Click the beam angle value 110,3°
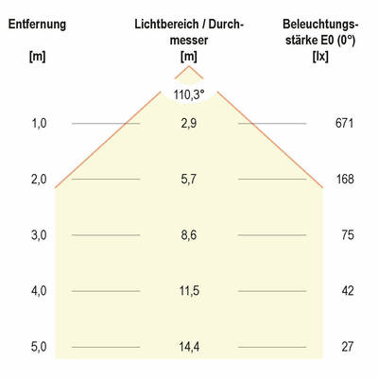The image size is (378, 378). (189, 94)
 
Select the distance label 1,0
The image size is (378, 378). (39, 124)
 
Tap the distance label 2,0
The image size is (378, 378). (39, 180)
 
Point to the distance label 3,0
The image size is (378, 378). (39, 235)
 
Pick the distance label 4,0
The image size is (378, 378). (39, 291)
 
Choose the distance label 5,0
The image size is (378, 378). (39, 347)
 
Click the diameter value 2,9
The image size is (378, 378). (189, 124)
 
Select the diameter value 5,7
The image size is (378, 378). (189, 180)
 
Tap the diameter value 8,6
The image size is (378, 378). (189, 235)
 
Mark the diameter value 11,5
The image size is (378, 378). (189, 291)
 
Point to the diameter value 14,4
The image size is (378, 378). (189, 347)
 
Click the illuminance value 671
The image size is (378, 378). (344, 124)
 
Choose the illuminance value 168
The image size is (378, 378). (344, 180)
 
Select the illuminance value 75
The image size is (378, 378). (347, 235)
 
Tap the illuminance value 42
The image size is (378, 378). (347, 291)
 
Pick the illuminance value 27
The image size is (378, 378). (347, 347)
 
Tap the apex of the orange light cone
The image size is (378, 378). (189, 68)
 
